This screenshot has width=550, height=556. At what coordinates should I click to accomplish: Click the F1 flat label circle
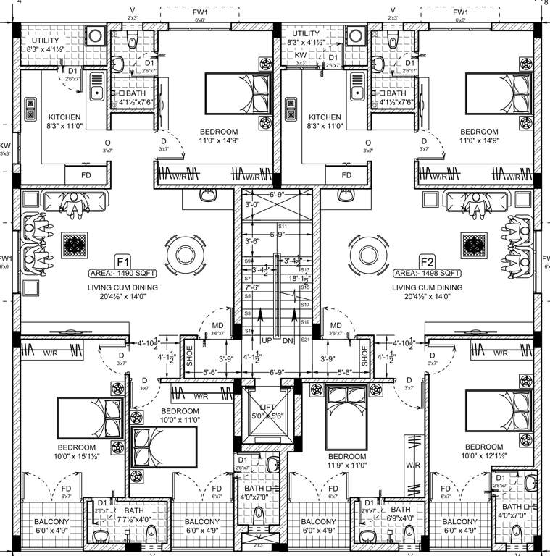122,261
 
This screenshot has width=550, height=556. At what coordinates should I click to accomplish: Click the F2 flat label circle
427,261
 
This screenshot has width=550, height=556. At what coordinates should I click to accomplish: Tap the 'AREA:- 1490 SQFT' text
122,274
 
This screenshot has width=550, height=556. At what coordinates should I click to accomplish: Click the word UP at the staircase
266,340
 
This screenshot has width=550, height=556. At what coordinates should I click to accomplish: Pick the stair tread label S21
305,340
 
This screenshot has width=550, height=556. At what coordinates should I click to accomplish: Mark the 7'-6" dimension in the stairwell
253,287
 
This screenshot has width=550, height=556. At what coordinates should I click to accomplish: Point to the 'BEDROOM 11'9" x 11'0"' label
346,461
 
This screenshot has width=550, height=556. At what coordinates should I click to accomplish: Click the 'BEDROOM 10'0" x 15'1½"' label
78,451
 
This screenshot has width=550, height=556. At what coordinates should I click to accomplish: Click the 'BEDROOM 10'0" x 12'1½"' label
484,451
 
